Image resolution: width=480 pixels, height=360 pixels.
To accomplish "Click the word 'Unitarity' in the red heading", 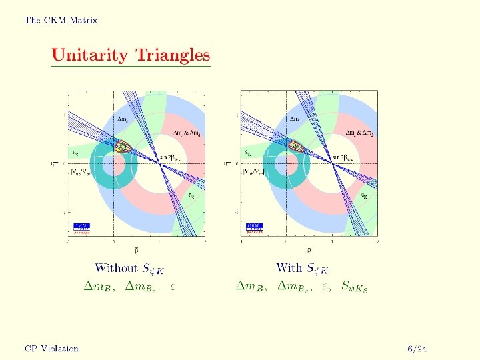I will click(91, 55).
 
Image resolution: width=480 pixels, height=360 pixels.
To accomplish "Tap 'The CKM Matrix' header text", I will click(61, 20).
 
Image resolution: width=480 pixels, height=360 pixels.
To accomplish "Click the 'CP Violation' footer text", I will click(51, 348).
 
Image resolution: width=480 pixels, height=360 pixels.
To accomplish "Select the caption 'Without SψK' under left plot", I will click(129, 269).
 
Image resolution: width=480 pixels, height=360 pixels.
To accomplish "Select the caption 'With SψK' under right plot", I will click(304, 269).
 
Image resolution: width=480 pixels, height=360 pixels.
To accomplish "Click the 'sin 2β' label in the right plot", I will click(345, 157).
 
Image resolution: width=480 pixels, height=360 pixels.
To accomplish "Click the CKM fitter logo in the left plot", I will click(81, 228).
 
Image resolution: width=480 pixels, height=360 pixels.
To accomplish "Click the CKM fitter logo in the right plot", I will click(255, 228).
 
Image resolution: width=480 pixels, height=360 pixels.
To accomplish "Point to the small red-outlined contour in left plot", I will click(122, 147).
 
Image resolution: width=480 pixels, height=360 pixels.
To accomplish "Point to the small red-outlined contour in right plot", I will click(295, 147).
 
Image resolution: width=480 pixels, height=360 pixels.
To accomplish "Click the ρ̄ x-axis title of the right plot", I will click(309, 250).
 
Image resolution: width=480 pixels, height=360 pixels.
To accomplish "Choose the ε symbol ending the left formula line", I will click(173, 287).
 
